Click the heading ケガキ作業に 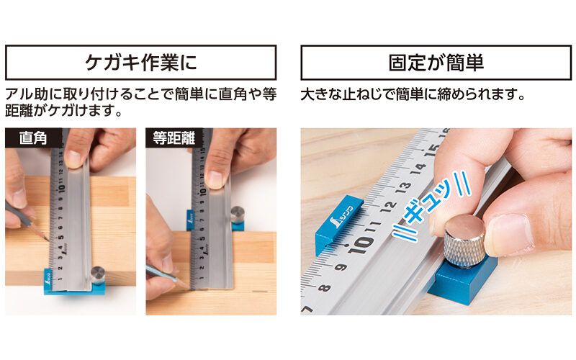click(140, 63)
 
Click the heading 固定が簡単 click(434, 63)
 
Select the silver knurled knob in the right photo click(464, 240)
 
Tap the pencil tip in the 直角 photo click(48, 239)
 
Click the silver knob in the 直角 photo click(97, 274)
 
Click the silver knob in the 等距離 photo click(237, 215)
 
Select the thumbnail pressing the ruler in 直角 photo click(73, 158)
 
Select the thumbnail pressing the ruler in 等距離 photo click(215, 179)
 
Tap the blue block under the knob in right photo click(461, 280)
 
